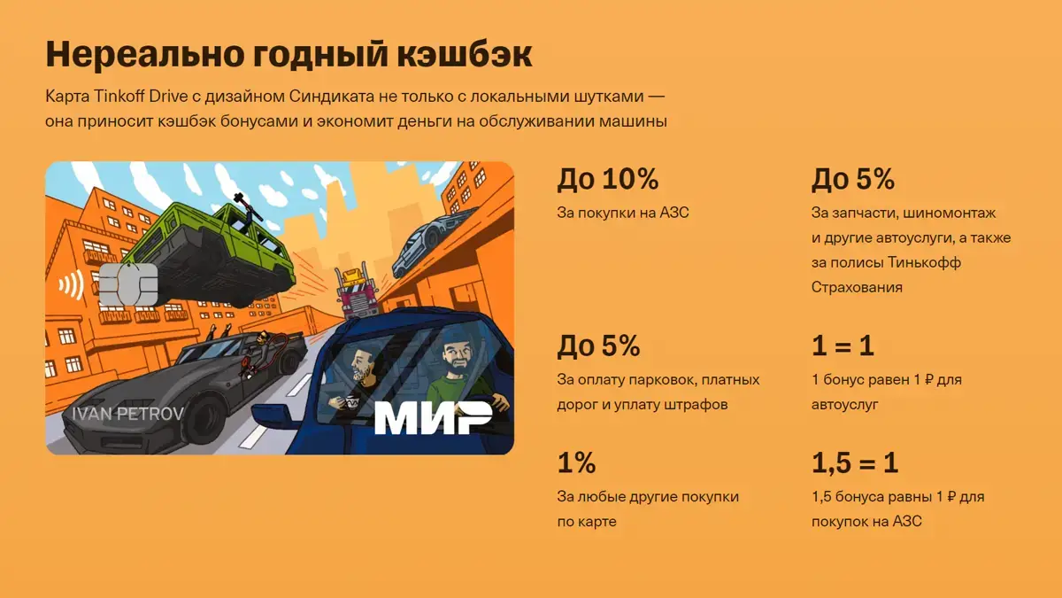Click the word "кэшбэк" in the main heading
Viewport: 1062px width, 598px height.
(x=465, y=54)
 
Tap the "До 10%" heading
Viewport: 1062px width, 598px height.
(x=608, y=179)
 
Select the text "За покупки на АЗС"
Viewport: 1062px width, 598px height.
(x=623, y=213)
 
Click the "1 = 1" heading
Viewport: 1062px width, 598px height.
(x=843, y=346)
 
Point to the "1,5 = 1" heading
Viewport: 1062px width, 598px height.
(x=855, y=462)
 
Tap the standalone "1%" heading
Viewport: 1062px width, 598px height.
(x=576, y=462)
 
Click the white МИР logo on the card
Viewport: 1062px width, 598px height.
(x=434, y=417)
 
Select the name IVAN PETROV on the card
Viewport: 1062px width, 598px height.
(x=127, y=414)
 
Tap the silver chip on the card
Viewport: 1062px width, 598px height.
(x=128, y=284)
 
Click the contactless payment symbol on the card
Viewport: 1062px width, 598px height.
(x=71, y=284)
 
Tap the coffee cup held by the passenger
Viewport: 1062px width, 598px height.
(x=352, y=402)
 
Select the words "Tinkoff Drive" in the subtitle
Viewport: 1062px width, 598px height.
(x=141, y=97)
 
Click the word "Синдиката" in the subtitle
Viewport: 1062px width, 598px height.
(x=331, y=97)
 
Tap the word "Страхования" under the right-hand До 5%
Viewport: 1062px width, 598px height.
(x=857, y=287)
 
